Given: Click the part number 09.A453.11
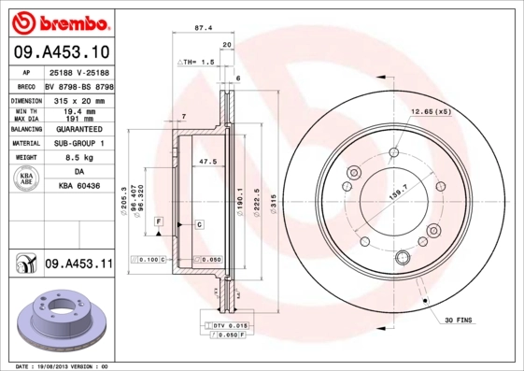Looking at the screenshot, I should point(78,265).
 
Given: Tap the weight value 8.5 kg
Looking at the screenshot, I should point(78,158).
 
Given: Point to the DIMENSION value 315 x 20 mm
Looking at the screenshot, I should point(78,99).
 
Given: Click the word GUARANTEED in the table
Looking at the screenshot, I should point(78,129).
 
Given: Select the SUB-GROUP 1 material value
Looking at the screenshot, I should point(78,143).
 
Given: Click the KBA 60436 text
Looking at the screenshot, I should point(78,187).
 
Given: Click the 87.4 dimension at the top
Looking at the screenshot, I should point(203,28).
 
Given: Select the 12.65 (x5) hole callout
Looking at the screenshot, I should point(431,112).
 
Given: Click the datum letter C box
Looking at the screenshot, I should point(199,225).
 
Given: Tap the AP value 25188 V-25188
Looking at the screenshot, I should point(78,72).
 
